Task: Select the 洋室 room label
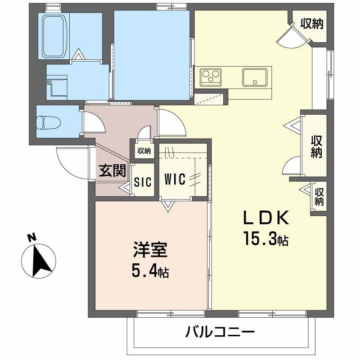[150, 251]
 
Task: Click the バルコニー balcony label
[220, 333]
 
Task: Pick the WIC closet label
[175, 179]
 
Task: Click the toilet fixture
[47, 122]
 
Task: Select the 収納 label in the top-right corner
[312, 23]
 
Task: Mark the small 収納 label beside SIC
[144, 151]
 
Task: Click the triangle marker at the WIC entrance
[168, 207]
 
